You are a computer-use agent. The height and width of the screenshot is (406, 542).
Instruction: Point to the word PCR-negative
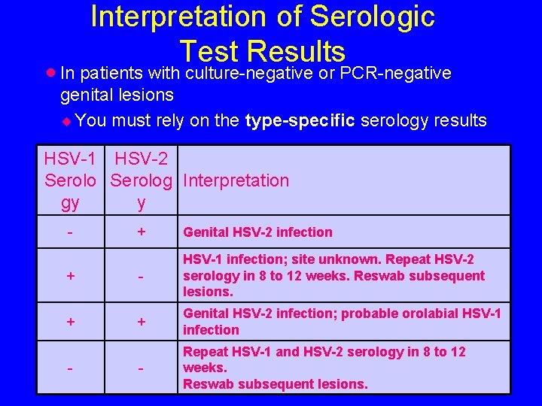pyautogui.click(x=395, y=73)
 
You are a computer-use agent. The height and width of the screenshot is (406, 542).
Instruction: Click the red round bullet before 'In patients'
pyautogui.click(x=50, y=73)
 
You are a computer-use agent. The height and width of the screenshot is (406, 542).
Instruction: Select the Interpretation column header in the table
pyautogui.click(x=236, y=180)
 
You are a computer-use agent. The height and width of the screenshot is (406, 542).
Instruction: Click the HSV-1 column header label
pyautogui.click(x=70, y=159)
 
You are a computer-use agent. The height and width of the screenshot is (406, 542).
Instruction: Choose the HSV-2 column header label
pyautogui.click(x=142, y=159)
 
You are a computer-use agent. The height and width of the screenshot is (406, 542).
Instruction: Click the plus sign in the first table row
pyautogui.click(x=141, y=232)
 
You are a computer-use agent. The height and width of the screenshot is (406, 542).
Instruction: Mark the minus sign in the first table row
pyautogui.click(x=70, y=232)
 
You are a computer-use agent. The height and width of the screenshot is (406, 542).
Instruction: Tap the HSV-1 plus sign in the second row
pyautogui.click(x=70, y=276)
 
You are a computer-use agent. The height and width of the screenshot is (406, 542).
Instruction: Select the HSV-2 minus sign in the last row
pyautogui.click(x=141, y=369)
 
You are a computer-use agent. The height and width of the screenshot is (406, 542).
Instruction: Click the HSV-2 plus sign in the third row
pyautogui.click(x=141, y=322)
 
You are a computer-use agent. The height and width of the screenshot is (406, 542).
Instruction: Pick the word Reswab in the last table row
pyautogui.click(x=207, y=384)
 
